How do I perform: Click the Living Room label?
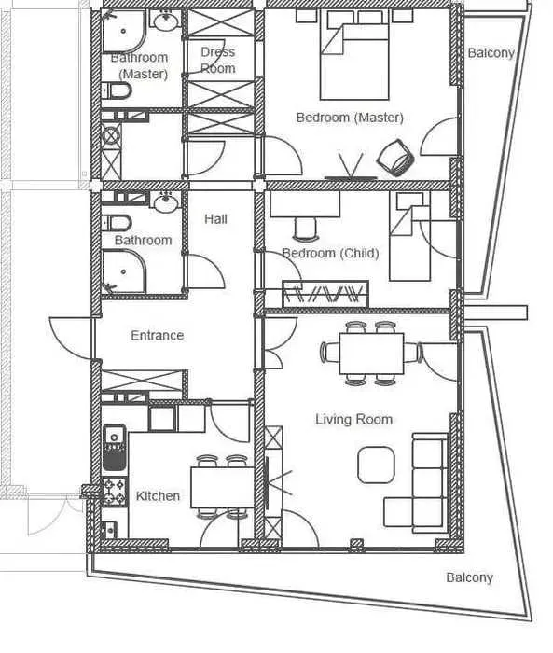click(x=354, y=419)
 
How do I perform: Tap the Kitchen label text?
click(x=158, y=496)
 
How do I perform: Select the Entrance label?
click(x=157, y=335)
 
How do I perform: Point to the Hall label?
click(x=215, y=219)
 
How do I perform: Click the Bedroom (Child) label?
click(x=331, y=253)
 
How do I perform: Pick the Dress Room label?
click(x=218, y=60)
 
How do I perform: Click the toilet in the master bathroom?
click(x=117, y=90)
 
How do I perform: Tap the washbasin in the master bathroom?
click(x=165, y=20)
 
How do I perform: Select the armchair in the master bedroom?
click(x=395, y=158)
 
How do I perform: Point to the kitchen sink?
click(x=114, y=447)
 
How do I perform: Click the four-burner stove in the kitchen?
click(x=115, y=492)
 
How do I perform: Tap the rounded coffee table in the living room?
click(x=376, y=465)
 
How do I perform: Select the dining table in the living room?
click(x=371, y=354)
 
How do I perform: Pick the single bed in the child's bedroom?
click(x=409, y=236)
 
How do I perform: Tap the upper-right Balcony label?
click(x=491, y=53)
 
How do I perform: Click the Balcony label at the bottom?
click(x=469, y=577)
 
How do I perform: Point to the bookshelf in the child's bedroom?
click(x=325, y=294)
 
